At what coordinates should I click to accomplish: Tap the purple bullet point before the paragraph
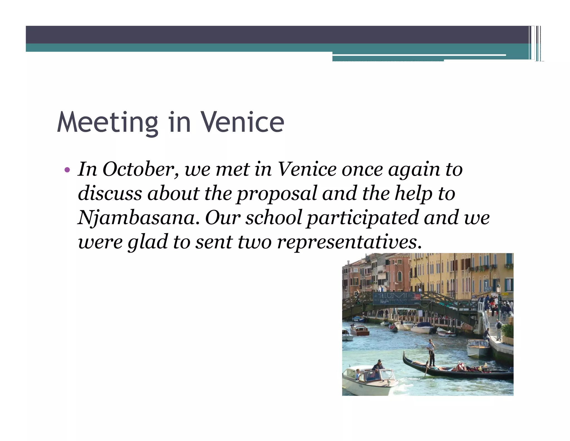click(x=67, y=169)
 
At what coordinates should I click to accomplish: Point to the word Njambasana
click(x=139, y=218)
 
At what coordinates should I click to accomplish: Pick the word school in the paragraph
click(x=274, y=218)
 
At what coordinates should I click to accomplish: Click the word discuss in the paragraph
click(x=110, y=193)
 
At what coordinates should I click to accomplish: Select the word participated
click(x=363, y=218)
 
